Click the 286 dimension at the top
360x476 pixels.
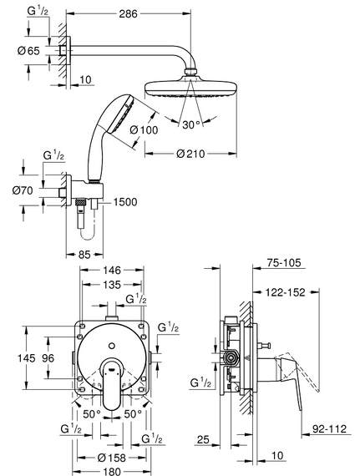click(128, 13)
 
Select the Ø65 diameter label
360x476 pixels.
click(28, 51)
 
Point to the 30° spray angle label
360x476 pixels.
click(191, 124)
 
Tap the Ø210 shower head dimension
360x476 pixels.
click(190, 154)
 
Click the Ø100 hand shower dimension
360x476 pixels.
click(144, 130)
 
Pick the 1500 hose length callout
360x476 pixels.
click(125, 202)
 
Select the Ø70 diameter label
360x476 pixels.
click(23, 190)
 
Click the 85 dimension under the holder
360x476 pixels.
click(84, 255)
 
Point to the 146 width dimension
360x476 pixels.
click(112, 270)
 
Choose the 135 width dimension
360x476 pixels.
click(112, 285)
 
